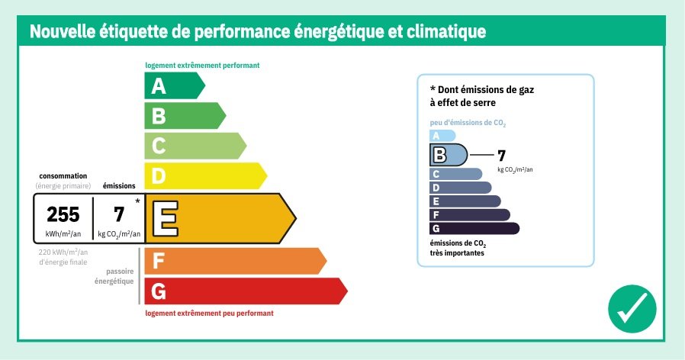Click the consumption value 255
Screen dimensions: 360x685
click(63, 214)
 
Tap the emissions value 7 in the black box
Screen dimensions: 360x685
click(119, 214)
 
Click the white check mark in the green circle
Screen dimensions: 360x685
click(632, 309)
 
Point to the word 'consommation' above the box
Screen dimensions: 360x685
click(63, 175)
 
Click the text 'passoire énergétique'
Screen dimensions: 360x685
click(114, 276)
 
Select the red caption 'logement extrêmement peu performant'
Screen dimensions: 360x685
click(209, 313)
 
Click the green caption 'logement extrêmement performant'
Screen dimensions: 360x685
click(202, 66)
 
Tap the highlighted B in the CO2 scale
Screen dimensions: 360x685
click(439, 155)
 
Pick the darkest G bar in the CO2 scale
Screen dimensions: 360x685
click(474, 228)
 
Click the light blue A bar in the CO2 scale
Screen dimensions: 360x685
click(442, 136)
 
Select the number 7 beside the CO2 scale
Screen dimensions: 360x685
click(501, 156)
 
